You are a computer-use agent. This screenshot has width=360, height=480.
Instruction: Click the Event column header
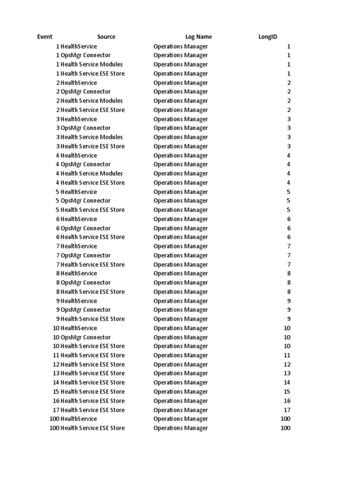coord(45,37)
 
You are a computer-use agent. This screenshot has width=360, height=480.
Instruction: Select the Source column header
coord(106,37)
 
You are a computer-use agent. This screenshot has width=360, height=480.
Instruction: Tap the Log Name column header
coord(198,37)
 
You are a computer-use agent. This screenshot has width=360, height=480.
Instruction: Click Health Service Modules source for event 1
coord(92,64)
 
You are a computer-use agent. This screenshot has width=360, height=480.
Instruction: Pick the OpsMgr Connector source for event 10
coord(86,337)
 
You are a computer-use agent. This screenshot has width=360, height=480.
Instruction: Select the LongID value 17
coord(287,410)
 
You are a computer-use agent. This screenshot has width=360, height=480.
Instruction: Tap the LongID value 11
coord(287,355)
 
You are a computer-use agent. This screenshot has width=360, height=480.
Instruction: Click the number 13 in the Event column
coord(56,373)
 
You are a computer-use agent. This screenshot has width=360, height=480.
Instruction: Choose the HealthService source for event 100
coord(79,419)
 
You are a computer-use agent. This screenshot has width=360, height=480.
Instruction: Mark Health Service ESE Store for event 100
coord(93,428)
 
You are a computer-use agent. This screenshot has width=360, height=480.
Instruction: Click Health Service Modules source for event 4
coord(92,173)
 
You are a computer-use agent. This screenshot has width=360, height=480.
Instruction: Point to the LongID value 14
coord(287,382)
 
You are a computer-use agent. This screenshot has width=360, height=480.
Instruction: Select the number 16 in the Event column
coord(56,401)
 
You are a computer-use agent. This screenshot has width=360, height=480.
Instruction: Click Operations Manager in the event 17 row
coord(180,410)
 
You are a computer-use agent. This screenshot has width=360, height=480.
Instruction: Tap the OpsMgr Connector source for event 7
coord(86,255)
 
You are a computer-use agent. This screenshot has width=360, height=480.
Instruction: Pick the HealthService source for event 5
coord(79,192)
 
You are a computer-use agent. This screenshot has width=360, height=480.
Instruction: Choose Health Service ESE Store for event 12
coord(93,364)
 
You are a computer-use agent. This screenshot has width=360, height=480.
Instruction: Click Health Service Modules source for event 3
coord(92,137)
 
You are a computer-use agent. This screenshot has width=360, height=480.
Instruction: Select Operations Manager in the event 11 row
coord(180,355)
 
